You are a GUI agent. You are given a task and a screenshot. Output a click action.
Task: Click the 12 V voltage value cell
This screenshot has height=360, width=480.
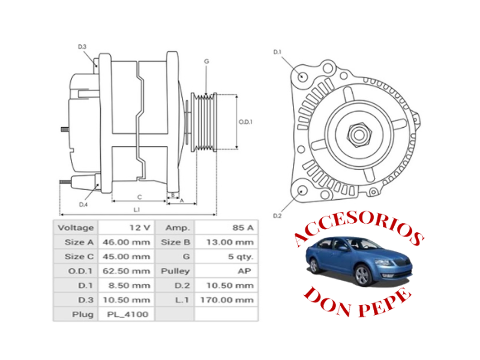pyautogui.click(x=126, y=228)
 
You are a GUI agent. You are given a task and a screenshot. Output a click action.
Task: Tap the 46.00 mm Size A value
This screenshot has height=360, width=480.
pyautogui.click(x=126, y=242)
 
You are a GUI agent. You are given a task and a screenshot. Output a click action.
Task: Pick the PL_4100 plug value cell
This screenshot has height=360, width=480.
pyautogui.click(x=126, y=314)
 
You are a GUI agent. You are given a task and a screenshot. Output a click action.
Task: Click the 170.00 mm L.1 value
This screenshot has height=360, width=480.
pyautogui.click(x=227, y=299)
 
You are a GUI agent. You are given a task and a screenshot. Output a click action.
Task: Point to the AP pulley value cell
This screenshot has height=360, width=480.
pyautogui.click(x=227, y=271)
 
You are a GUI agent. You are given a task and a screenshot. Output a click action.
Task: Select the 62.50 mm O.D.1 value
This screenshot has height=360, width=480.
pyautogui.click(x=126, y=271)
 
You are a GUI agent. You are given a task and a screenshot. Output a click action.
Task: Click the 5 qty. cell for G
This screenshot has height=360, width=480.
pyautogui.click(x=227, y=257)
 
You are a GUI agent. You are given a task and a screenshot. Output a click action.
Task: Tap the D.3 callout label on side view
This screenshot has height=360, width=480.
pyautogui.click(x=82, y=47)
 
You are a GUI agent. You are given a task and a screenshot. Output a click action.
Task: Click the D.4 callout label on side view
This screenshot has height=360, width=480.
pyautogui.click(x=83, y=205)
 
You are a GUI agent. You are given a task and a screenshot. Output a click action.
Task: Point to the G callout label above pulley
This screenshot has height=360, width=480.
pyautogui.click(x=206, y=61)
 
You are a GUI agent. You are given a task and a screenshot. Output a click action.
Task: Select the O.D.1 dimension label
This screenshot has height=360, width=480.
pyautogui.click(x=245, y=122)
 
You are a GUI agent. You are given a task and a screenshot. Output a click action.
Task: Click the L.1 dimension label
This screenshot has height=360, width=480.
pyautogui.click(x=137, y=209)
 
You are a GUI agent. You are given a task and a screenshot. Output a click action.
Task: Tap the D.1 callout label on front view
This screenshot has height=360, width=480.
pyautogui.click(x=277, y=53)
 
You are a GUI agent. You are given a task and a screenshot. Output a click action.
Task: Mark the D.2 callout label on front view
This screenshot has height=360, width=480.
pyautogui.click(x=277, y=215)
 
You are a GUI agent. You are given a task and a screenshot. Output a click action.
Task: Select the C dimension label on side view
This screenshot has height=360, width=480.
pyautogui.click(x=139, y=197)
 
